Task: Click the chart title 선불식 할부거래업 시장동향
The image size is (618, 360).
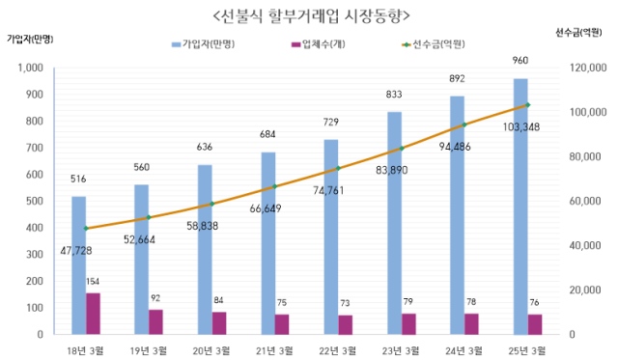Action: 308,14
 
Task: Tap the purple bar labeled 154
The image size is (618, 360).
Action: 93,314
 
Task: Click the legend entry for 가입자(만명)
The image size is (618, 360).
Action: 206,44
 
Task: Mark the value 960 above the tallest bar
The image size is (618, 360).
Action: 520,60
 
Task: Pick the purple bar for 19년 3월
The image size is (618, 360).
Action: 155,322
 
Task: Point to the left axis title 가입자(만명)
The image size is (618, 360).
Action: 29,39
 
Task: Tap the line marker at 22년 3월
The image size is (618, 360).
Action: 338,168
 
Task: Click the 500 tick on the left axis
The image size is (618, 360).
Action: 44,202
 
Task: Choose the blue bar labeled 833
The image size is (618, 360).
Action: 394,223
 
